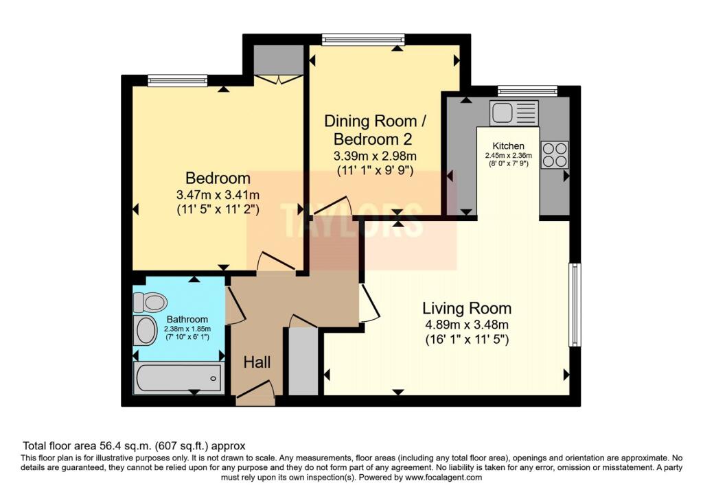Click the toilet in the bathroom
click(150, 303)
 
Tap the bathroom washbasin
click(146, 331)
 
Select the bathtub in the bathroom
click(179, 379)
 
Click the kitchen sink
click(514, 113)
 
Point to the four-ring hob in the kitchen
click(555, 155)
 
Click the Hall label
click(257, 362)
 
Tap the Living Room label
click(467, 308)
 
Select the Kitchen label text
click(509, 145)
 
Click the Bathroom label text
click(187, 319)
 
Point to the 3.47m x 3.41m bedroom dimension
click(218, 195)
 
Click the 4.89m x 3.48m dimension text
click(467, 325)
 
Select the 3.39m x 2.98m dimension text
click(375, 156)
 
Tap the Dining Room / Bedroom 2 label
click(375, 130)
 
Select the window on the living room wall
click(575, 305)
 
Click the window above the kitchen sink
click(527, 91)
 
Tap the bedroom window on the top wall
click(178, 81)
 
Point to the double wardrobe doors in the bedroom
click(279, 80)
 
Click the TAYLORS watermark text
click(352, 220)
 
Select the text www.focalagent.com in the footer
click(443, 477)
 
